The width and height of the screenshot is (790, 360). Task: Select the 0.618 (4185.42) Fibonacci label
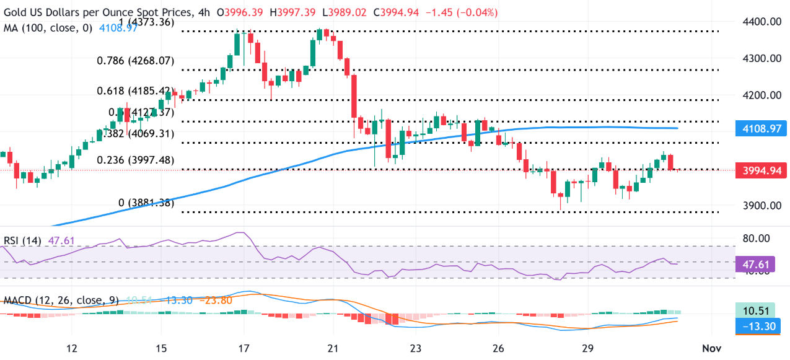(134, 90)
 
